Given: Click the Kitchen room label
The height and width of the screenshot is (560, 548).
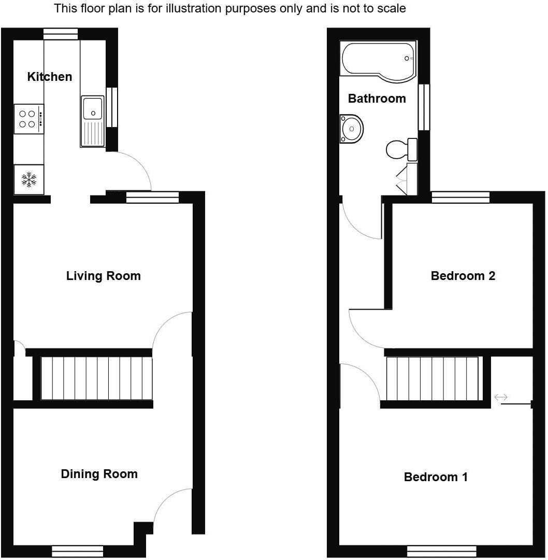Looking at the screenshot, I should (x=50, y=77).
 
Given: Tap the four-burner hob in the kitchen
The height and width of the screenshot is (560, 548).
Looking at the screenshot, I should (x=28, y=119).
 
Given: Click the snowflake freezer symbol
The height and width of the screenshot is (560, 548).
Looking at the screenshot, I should (x=29, y=180).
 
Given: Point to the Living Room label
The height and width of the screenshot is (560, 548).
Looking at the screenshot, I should (x=103, y=276).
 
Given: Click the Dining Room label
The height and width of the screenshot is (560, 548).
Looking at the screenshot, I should (x=99, y=474).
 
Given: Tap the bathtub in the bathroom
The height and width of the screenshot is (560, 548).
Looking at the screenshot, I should (x=378, y=61).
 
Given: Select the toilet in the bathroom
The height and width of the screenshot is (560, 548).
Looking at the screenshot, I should (x=402, y=149).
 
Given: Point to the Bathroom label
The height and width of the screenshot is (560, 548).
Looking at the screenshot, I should (x=377, y=99).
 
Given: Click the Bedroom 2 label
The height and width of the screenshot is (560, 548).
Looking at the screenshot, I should (x=463, y=276).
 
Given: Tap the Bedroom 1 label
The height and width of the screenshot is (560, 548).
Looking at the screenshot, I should (x=436, y=477).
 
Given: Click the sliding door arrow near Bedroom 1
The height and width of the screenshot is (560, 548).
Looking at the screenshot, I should (x=501, y=398).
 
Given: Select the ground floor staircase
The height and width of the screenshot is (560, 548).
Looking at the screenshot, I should (x=97, y=378).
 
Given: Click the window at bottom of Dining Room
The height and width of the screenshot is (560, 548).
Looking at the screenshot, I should (x=78, y=551).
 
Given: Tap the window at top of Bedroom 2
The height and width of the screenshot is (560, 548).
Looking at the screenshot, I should (x=460, y=197).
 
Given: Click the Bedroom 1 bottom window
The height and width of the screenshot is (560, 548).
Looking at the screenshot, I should (x=441, y=551).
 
